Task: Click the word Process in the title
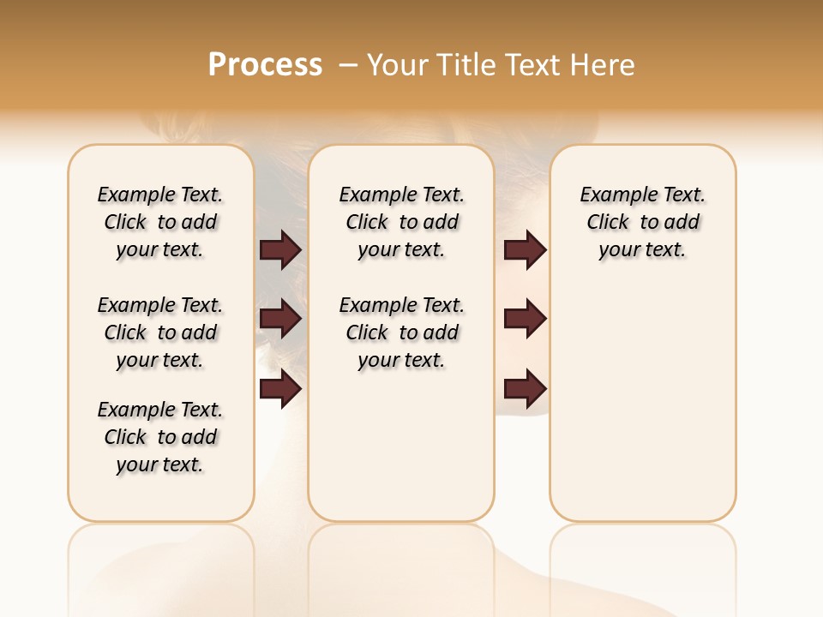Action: click(x=265, y=65)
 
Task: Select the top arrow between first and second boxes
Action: click(x=280, y=250)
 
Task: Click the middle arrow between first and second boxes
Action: click(x=280, y=320)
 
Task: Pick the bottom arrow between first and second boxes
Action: click(x=280, y=389)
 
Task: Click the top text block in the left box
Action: click(x=160, y=222)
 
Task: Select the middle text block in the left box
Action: click(x=160, y=332)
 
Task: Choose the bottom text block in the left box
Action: click(x=160, y=437)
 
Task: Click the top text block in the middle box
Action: click(x=401, y=222)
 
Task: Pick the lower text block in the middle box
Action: click(x=401, y=332)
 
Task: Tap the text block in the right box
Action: click(x=642, y=222)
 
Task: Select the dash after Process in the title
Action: click(x=348, y=65)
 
